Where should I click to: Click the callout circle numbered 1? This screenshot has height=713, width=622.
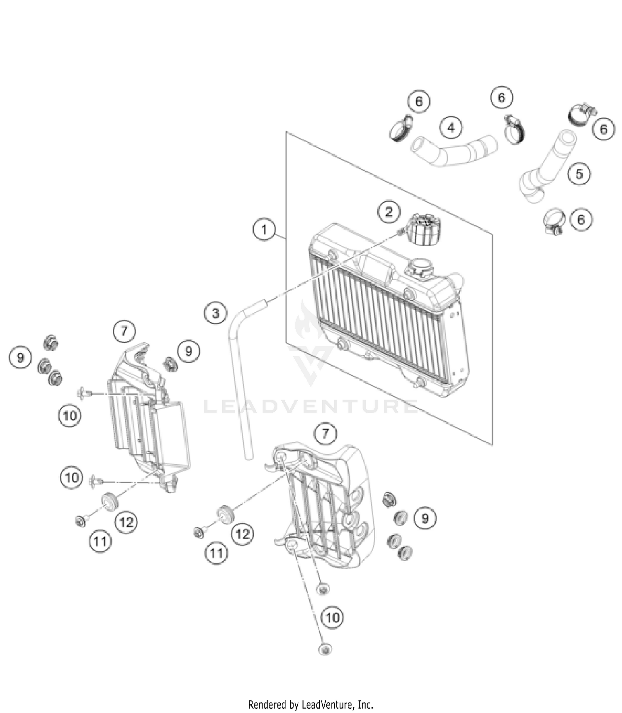click(264, 229)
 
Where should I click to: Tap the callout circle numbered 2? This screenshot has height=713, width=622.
click(389, 212)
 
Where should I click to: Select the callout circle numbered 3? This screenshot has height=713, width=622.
click(216, 313)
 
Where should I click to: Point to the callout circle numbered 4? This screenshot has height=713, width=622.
click(451, 127)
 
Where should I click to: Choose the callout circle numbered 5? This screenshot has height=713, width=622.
click(579, 174)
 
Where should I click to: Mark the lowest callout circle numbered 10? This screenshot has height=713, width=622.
click(333, 618)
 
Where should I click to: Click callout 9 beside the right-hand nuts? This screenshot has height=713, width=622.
click(425, 518)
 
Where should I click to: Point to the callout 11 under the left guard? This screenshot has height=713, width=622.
click(100, 541)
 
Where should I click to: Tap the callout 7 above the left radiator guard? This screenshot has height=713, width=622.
click(124, 331)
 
